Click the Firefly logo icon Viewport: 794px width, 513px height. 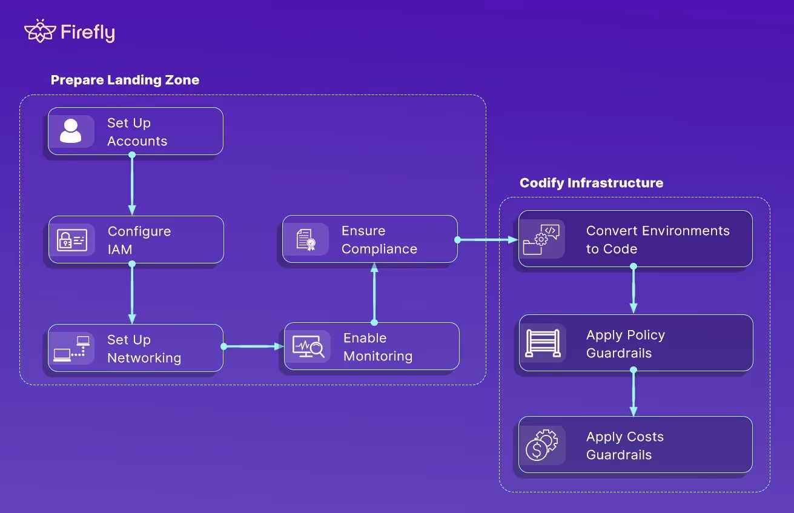tap(40, 31)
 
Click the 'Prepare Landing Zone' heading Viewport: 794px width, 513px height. tap(125, 80)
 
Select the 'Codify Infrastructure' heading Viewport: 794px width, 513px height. tap(591, 183)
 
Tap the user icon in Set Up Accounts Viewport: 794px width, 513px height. tap(71, 131)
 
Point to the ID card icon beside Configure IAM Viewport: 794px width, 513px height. tap(72, 240)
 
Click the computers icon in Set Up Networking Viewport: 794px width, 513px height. tap(71, 348)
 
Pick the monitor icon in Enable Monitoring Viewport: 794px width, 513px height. tap(308, 346)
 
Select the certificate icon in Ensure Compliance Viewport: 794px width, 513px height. tap(306, 239)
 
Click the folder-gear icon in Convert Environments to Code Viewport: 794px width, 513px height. tap(541, 239)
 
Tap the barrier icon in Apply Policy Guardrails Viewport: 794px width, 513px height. tap(543, 343)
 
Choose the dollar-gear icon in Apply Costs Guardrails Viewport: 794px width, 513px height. tap(541, 445)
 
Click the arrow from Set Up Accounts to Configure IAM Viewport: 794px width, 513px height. tap(132, 182)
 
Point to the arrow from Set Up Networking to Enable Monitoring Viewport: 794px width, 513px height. tap(254, 346)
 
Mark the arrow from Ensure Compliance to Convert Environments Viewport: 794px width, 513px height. tap(488, 240)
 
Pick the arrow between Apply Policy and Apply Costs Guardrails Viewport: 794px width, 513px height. tap(634, 394)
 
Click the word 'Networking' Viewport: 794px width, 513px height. tap(144, 358)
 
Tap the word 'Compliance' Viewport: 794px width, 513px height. tap(379, 249)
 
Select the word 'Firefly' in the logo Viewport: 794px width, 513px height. tap(88, 33)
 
